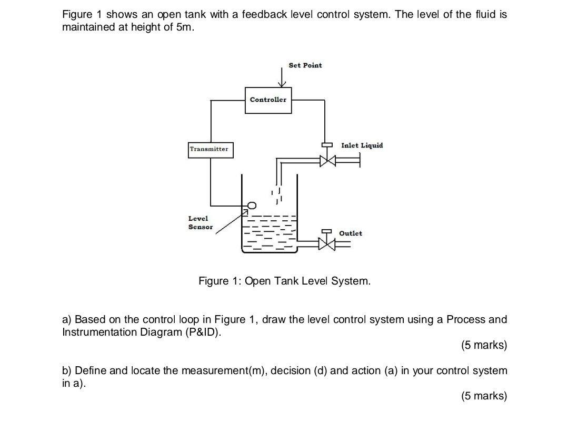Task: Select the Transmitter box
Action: [210, 149]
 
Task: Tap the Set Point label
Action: [305, 65]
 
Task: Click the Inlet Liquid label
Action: [362, 145]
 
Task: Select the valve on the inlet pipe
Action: [327, 160]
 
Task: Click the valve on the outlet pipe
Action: [326, 243]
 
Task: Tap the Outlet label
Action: [351, 233]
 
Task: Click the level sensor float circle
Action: [252, 206]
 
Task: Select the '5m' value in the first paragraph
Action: [182, 27]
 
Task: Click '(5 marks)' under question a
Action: [484, 345]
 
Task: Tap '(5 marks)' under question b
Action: [484, 396]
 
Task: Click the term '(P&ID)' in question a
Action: [201, 333]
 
